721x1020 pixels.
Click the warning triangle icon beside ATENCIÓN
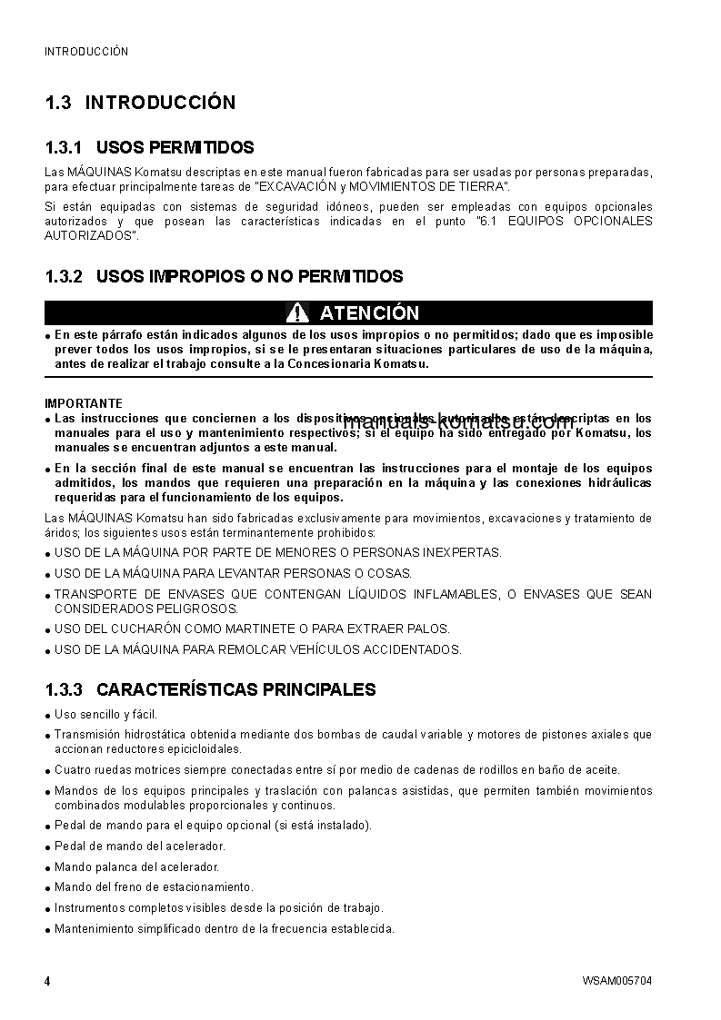297,313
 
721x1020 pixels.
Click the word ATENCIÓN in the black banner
369,313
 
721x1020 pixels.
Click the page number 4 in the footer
47,981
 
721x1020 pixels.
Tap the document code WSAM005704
617,981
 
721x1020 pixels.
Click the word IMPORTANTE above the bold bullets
84,403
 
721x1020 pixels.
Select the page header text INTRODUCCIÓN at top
86,52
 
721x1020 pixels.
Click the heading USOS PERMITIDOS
175,148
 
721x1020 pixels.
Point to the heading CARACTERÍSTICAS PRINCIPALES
235,689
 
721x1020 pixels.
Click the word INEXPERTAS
454,552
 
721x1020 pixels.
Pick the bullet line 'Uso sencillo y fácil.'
105,715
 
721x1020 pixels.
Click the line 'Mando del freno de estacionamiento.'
154,886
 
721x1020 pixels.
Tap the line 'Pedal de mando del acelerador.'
139,846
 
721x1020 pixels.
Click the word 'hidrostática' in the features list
160,734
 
